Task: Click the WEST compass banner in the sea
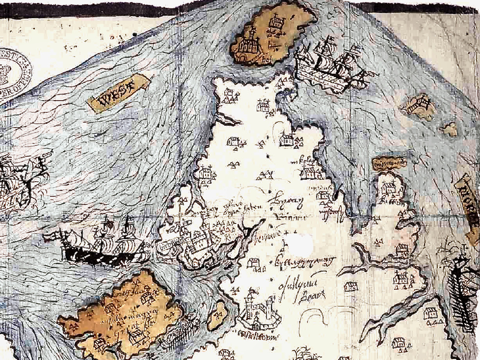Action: pyautogui.click(x=118, y=93)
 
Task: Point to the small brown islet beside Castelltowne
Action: pyautogui.click(x=216, y=315)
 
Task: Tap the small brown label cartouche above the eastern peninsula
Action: pyautogui.click(x=389, y=162)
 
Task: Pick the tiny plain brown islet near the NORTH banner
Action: pyautogui.click(x=449, y=129)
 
